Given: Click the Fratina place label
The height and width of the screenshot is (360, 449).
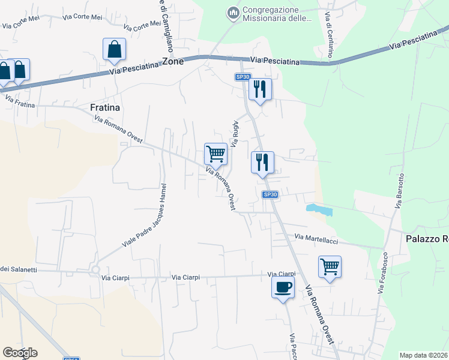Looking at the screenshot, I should coord(105,107).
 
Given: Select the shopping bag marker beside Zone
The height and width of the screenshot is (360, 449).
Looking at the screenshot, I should coord(114,50).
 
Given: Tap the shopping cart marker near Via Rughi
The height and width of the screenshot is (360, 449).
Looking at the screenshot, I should coord(215,154).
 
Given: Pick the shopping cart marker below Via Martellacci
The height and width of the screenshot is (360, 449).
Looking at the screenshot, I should coord(330,266).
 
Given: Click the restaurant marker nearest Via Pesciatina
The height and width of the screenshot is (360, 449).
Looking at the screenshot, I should coord(260,89).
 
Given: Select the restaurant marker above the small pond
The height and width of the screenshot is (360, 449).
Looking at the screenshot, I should coord(262,162).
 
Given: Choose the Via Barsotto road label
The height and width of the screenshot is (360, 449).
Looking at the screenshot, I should coord(400,191).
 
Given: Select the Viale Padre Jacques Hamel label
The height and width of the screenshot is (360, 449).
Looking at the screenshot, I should coord(145,216).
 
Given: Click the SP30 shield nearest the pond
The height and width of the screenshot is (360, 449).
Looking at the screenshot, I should coord(270,194).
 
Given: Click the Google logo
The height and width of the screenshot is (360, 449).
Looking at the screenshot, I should coord(20,353).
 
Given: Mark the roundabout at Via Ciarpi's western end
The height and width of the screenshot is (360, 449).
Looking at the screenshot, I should coord(95,271).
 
